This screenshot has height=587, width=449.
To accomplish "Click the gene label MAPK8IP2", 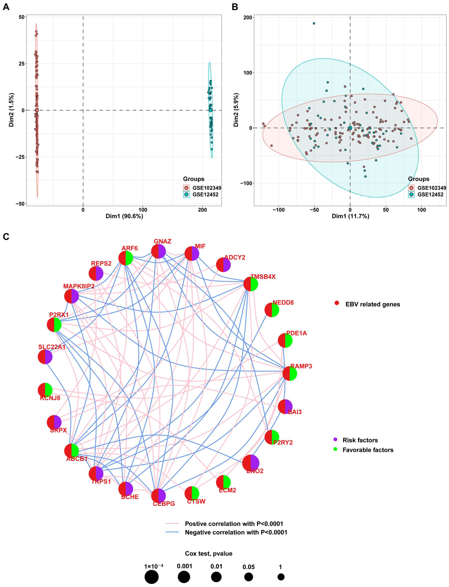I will click(79, 286).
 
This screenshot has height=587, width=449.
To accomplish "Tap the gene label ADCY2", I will click(235, 257).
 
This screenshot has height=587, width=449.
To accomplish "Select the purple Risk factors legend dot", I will click(336, 439).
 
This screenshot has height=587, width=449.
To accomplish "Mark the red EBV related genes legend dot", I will click(337, 303).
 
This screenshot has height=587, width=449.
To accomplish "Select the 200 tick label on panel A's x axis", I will click(202, 210).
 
